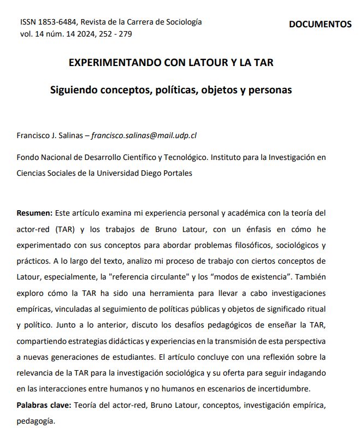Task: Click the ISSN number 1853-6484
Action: click(58, 22)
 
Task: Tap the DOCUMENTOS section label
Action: click(320, 24)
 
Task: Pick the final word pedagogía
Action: click(37, 421)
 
